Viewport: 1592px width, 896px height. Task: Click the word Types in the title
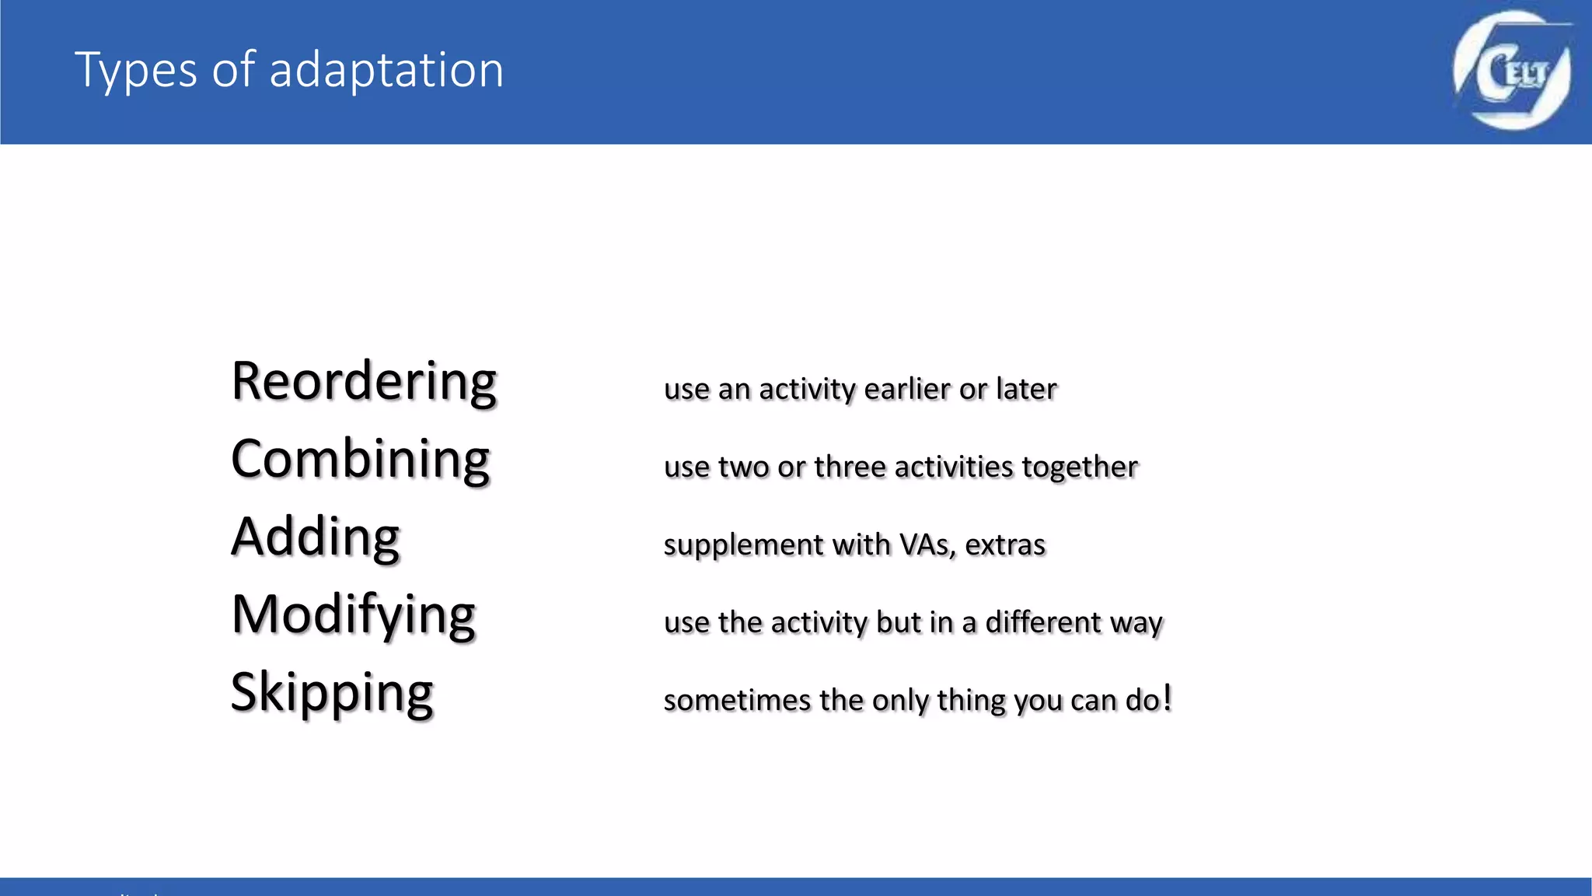[136, 71]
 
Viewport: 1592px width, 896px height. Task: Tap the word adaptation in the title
[386, 71]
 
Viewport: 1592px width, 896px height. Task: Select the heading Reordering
[364, 383]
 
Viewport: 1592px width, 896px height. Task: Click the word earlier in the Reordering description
[906, 389]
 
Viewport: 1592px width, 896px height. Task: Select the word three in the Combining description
[850, 467]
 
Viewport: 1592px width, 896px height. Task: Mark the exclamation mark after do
[1167, 698]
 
